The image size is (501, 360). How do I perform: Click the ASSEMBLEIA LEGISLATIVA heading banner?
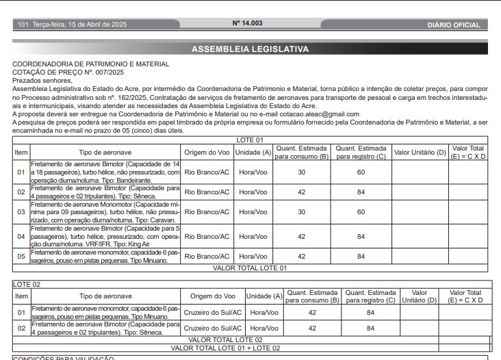click(x=250, y=49)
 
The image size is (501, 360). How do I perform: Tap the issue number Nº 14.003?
click(x=247, y=23)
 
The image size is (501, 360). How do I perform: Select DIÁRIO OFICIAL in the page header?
click(x=454, y=25)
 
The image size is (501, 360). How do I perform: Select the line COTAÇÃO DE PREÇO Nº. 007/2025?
click(x=68, y=72)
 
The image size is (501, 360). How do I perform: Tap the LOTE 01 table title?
click(x=250, y=139)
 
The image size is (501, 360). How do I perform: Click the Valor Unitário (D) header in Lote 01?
click(x=420, y=152)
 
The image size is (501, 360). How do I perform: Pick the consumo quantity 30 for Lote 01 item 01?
click(x=301, y=172)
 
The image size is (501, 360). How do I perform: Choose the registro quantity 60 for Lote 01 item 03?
click(x=360, y=212)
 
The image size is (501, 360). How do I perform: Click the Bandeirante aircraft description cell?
click(x=105, y=172)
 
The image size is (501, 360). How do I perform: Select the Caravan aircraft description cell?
click(x=105, y=212)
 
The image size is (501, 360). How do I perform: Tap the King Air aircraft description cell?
click(x=105, y=236)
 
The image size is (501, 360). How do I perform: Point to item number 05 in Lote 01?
click(x=21, y=256)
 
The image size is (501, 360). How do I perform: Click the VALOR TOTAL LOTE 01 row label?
click(x=250, y=268)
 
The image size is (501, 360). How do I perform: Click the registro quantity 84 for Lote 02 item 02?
click(x=370, y=328)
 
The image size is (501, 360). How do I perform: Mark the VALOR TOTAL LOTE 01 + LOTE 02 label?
click(x=225, y=348)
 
